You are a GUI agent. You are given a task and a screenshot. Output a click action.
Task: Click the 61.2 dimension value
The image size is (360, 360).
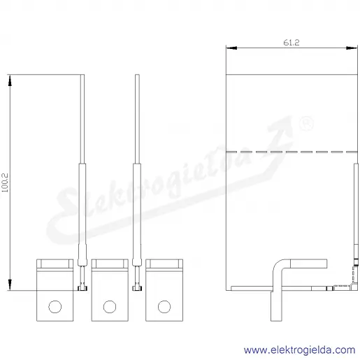291,43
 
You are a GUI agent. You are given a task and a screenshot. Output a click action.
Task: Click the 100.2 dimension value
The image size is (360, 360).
5,182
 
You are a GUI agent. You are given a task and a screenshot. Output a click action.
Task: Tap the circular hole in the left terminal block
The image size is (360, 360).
55,307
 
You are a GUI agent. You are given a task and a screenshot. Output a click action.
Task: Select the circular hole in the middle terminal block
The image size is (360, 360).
110,307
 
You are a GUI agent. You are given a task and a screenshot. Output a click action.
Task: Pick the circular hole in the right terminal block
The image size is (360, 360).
164,307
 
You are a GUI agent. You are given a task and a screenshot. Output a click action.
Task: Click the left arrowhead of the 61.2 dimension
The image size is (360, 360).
231,48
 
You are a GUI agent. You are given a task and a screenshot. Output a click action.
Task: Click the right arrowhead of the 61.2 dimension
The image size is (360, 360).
352,48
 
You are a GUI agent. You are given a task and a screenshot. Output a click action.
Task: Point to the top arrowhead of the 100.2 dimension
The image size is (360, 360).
10,80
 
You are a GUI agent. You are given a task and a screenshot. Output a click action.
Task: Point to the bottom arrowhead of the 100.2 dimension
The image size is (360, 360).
10,285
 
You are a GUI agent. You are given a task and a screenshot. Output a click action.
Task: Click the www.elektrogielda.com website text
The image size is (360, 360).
300,350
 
